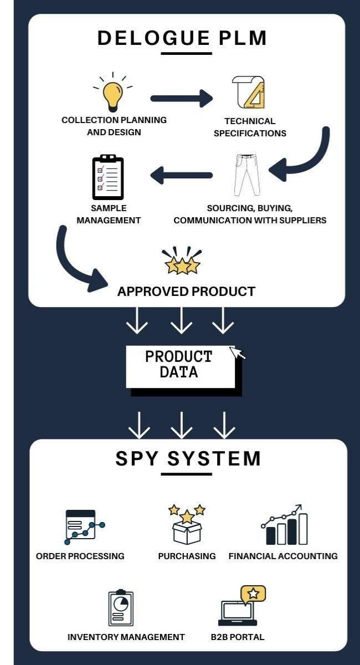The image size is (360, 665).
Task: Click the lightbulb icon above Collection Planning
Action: click(113, 94)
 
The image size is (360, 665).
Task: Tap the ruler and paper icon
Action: click(249, 93)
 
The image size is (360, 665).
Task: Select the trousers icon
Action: click(246, 175)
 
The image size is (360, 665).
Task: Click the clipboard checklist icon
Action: click(108, 177)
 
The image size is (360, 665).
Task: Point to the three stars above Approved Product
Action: click(182, 263)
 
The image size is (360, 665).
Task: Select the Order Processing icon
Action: click(83, 526)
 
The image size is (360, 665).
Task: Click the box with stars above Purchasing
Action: click(187, 524)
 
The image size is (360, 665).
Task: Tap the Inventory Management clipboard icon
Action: click(121, 608)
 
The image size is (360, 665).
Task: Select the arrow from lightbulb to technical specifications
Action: click(181, 99)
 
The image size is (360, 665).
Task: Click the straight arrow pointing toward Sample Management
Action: click(181, 176)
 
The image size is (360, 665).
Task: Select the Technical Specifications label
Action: click(250, 127)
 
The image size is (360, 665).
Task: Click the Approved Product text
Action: click(186, 291)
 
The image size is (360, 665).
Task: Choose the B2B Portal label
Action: click(238, 637)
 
